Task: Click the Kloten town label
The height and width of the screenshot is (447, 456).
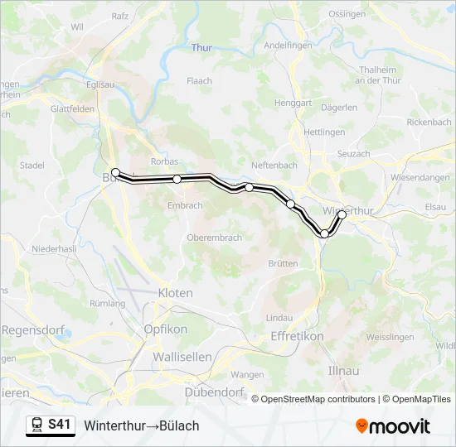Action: coord(175,293)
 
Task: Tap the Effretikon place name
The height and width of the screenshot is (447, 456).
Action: coord(297,336)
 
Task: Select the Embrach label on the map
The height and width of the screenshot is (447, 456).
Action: coord(184,205)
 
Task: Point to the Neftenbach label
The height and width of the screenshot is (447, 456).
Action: coord(274,165)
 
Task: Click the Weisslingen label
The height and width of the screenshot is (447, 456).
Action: coord(390,338)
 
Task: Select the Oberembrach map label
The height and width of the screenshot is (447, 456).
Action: coord(192,238)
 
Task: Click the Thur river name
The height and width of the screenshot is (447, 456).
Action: coord(201,48)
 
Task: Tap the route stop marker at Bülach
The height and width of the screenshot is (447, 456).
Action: coord(116,173)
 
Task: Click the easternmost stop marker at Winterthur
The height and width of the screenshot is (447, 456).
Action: coord(342,214)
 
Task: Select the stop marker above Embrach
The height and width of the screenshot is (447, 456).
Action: coord(177,179)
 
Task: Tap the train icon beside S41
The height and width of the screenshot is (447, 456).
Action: coord(36,425)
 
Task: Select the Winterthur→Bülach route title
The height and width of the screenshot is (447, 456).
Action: coord(141,425)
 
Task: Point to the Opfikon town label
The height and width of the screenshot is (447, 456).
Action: coord(166,329)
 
